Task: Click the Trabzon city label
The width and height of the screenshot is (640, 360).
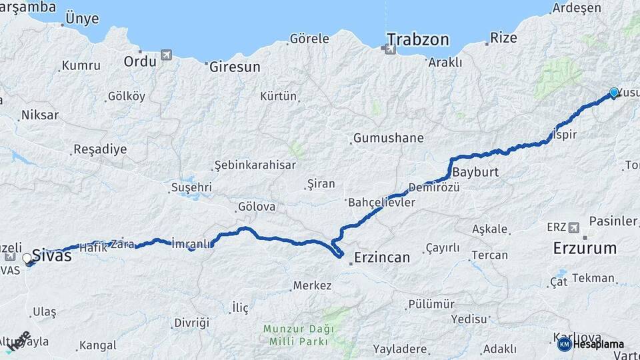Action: (x=418, y=39)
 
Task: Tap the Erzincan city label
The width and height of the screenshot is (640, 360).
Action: (x=382, y=256)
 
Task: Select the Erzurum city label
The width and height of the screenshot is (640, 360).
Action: (x=585, y=249)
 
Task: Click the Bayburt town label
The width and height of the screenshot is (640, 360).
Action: (x=475, y=172)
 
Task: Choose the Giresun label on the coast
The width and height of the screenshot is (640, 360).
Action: (x=235, y=67)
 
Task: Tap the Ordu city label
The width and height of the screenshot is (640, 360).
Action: (x=140, y=61)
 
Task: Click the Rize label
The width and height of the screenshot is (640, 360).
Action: (x=503, y=38)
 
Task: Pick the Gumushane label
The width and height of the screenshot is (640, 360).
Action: (x=388, y=139)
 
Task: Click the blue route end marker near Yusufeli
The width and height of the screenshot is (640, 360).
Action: (x=614, y=93)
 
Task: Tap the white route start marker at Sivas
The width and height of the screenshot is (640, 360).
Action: (x=27, y=258)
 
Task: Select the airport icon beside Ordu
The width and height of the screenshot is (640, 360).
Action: (x=165, y=55)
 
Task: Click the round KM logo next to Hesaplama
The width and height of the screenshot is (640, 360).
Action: (x=564, y=344)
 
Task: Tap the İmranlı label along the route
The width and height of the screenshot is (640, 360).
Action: (x=191, y=243)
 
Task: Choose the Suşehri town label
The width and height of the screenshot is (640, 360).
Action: (x=191, y=187)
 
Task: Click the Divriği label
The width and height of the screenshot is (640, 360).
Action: (x=192, y=323)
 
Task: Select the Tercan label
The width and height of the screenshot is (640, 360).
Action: (x=489, y=255)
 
